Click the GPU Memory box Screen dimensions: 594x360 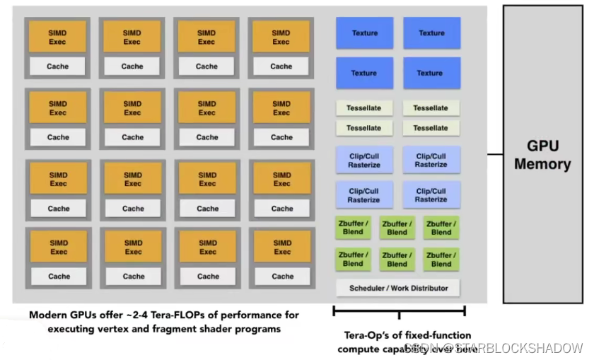click(x=542, y=154)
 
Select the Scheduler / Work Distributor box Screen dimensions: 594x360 click(x=398, y=288)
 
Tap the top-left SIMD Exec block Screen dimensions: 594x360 click(x=57, y=37)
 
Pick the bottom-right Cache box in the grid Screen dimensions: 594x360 click(x=282, y=276)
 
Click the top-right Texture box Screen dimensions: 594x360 click(x=431, y=33)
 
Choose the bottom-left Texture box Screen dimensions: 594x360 click(x=363, y=73)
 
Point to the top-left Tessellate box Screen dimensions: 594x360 click(x=363, y=108)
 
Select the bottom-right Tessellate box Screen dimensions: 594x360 click(x=431, y=128)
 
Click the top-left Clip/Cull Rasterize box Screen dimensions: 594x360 click(x=363, y=161)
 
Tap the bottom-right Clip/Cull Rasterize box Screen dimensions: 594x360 click(x=431, y=195)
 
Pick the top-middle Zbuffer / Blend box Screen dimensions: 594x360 click(x=397, y=228)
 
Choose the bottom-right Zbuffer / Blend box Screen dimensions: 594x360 click(x=441, y=259)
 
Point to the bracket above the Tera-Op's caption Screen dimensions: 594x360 click(x=399, y=310)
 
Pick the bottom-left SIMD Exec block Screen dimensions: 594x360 click(x=59, y=247)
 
